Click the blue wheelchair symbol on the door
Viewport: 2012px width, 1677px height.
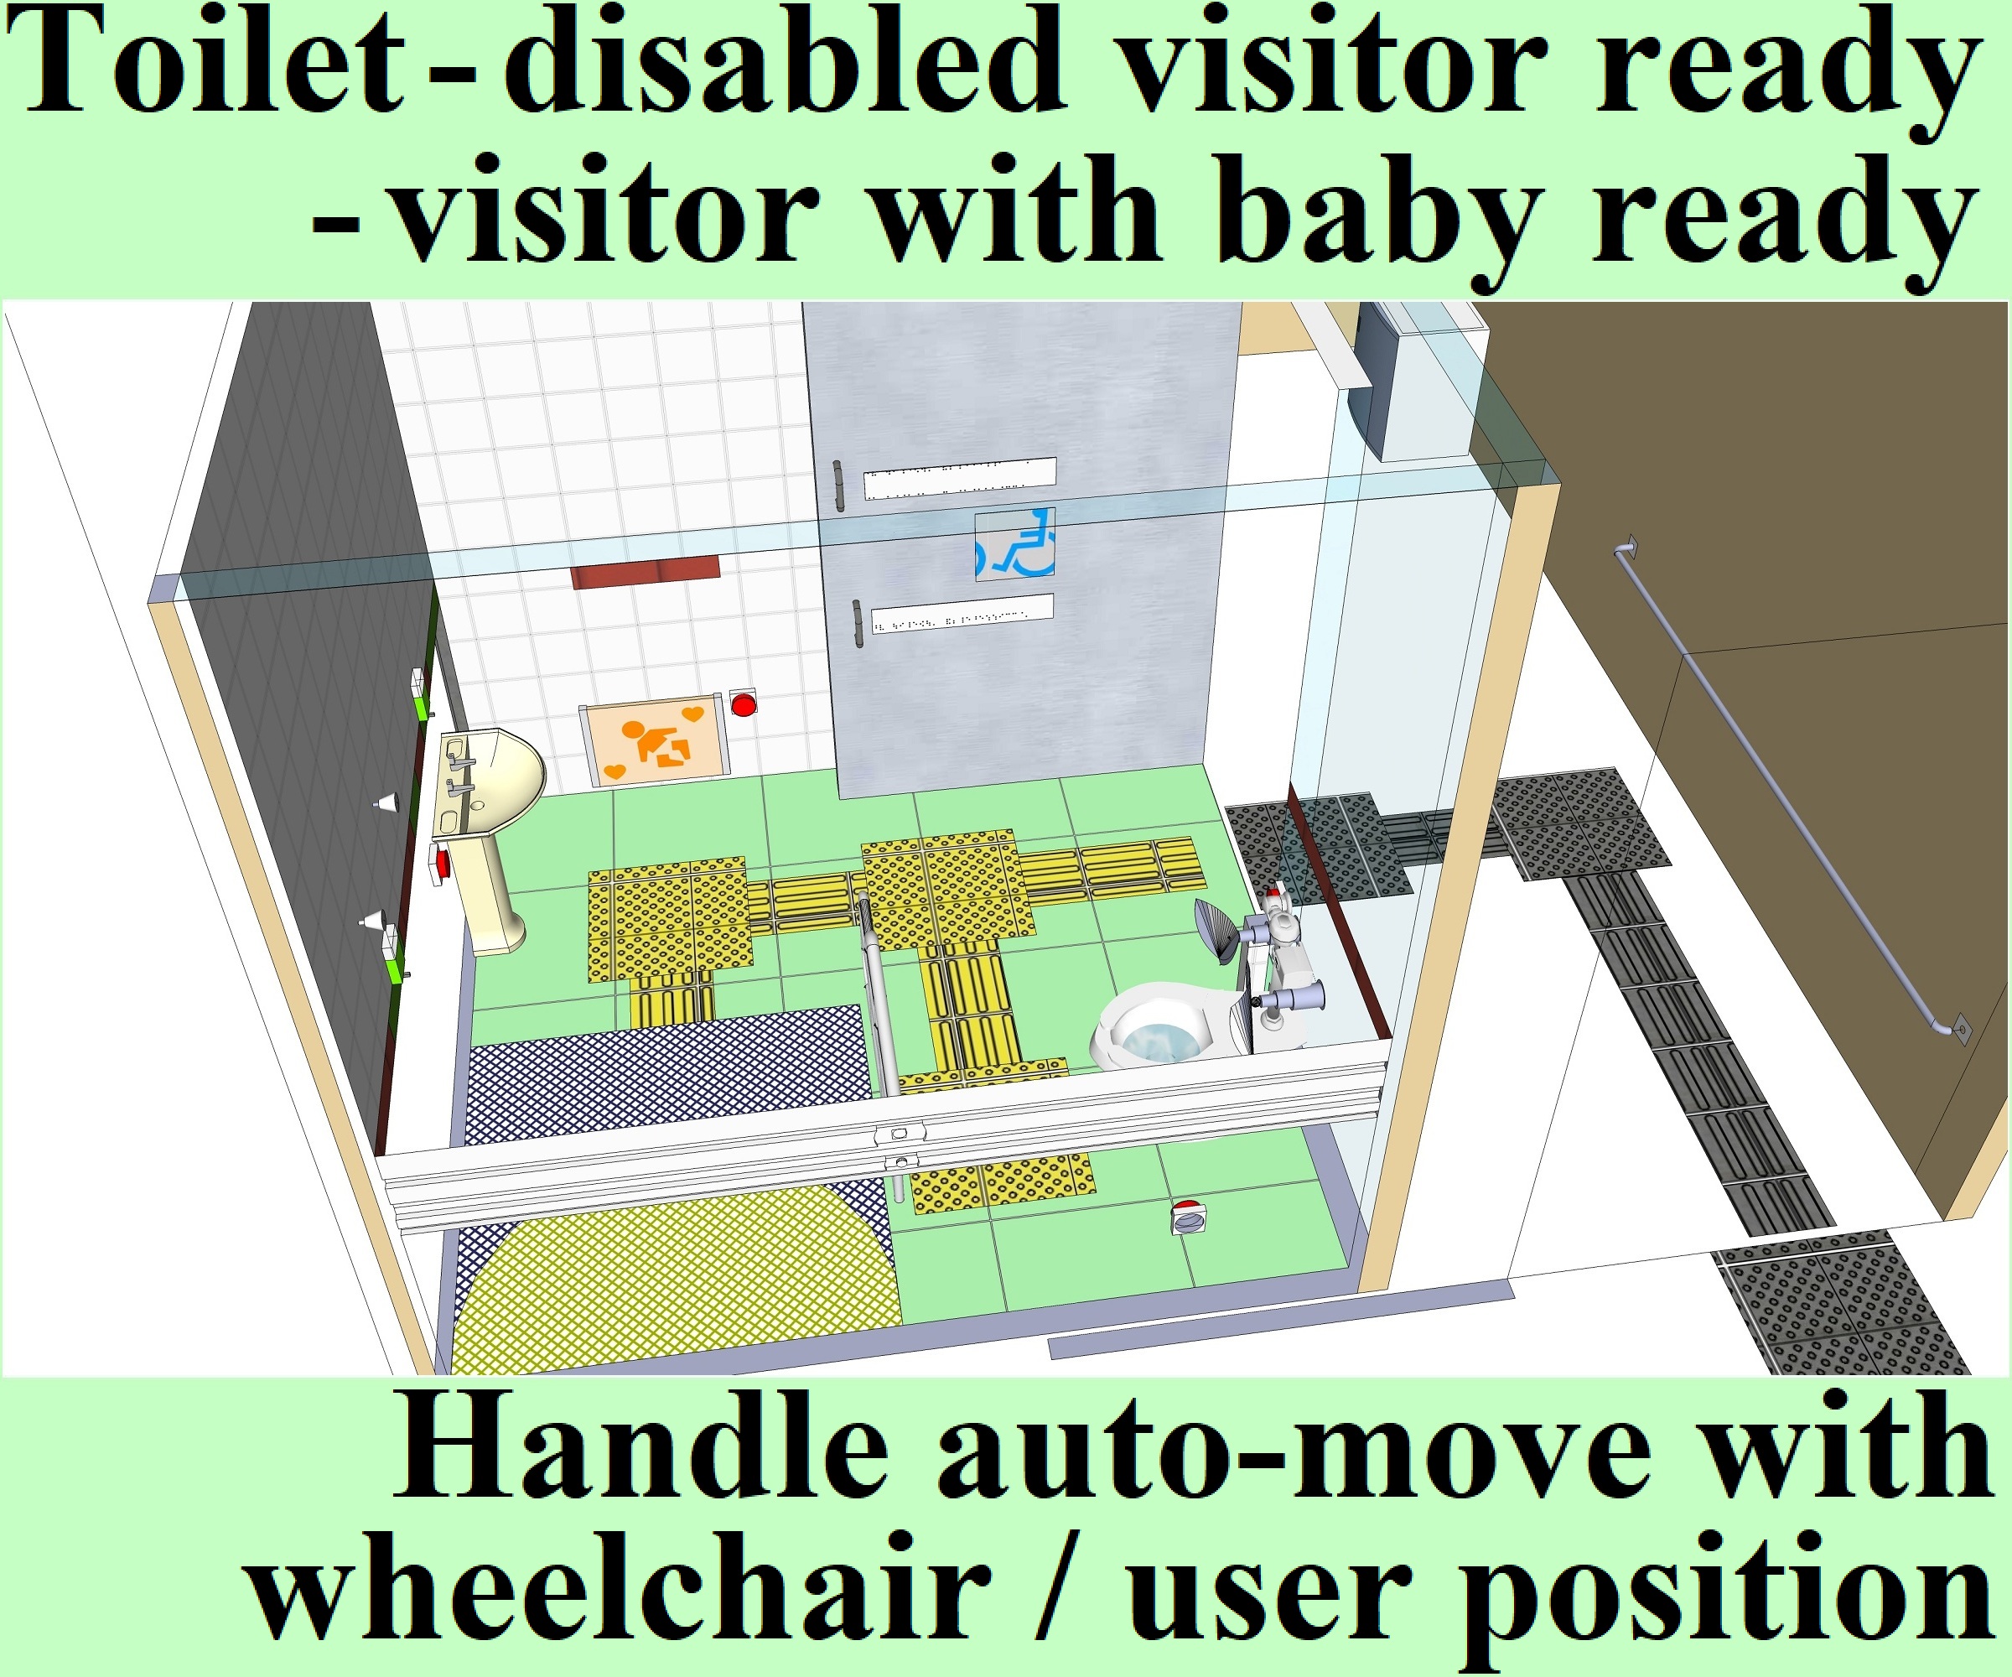click(1015, 544)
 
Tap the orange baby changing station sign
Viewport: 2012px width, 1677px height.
click(656, 739)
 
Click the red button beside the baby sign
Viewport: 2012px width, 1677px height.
click(744, 704)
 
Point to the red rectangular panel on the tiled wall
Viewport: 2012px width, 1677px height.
click(645, 572)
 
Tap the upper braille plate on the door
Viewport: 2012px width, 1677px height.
click(960, 477)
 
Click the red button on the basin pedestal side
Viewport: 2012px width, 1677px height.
click(441, 863)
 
